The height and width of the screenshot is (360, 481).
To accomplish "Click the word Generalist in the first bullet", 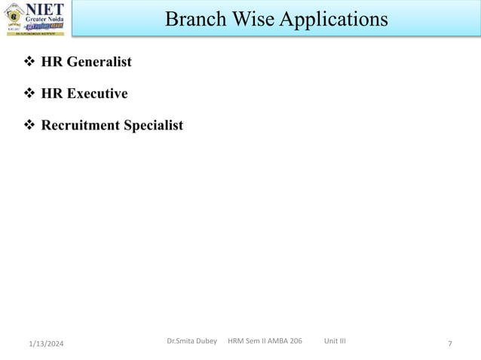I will coord(99,62).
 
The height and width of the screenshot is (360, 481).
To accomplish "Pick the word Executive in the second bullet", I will coord(97,93).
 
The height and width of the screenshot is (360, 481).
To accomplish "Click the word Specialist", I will coord(153,125).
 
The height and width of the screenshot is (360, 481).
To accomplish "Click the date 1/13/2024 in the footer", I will coord(46,344).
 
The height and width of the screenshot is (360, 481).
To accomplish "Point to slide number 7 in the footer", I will coord(450,344).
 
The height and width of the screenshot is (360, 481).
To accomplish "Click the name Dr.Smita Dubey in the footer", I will coord(191,341).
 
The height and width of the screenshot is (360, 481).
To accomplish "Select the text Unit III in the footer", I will coord(335,341).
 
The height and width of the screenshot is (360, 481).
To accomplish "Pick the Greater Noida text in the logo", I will coord(45,19).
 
